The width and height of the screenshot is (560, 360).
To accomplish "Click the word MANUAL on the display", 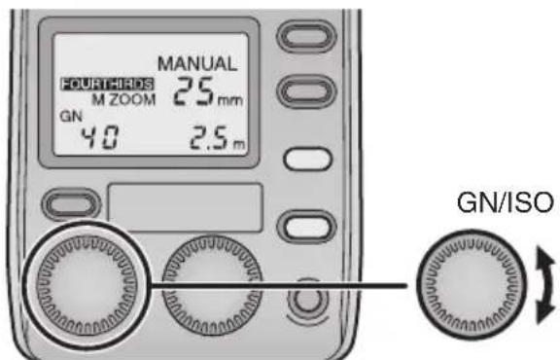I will (202, 63).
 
